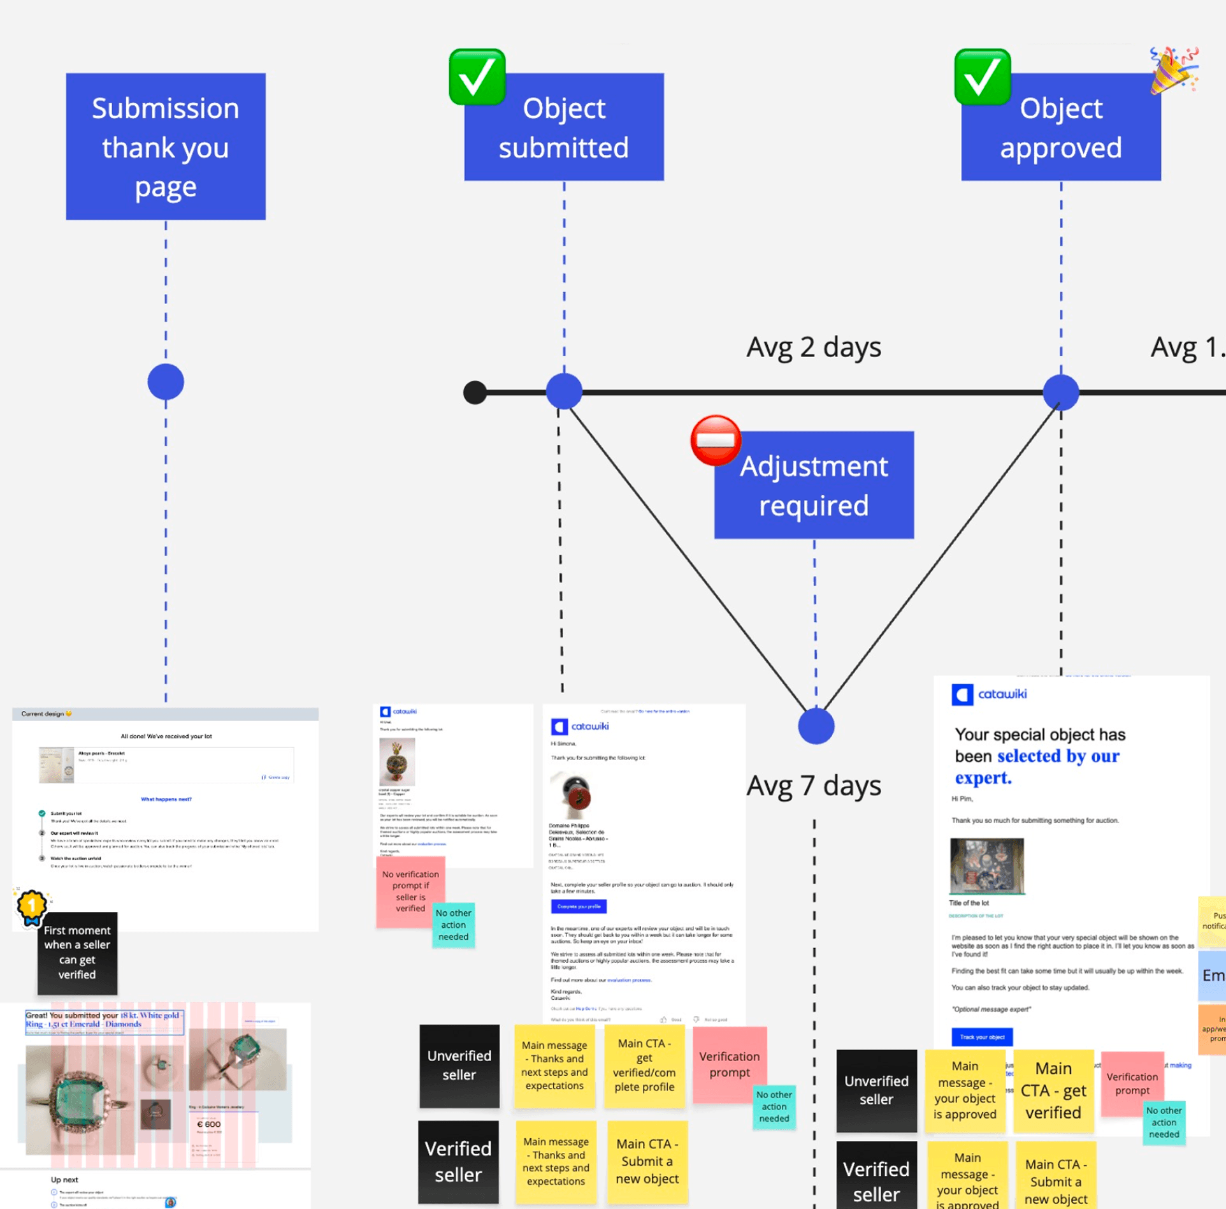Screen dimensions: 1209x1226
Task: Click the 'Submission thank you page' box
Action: click(166, 147)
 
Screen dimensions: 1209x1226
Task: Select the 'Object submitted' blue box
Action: click(564, 128)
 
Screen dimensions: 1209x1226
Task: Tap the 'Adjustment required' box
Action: click(814, 485)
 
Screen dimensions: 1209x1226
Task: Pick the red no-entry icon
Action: click(716, 440)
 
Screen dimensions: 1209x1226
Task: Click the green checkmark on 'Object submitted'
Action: click(477, 77)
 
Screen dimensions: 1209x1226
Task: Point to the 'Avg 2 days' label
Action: click(814, 348)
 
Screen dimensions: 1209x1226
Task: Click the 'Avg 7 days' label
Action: click(814, 786)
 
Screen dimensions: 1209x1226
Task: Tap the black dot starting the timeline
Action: click(475, 392)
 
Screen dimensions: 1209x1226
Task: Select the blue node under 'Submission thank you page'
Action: click(166, 382)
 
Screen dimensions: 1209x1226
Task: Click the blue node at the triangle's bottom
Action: click(816, 726)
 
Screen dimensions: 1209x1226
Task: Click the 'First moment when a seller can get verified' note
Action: click(77, 953)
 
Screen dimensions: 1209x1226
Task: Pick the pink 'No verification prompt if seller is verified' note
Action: click(410, 891)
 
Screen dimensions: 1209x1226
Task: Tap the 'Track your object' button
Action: click(982, 1037)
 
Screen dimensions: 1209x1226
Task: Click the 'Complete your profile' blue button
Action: click(579, 906)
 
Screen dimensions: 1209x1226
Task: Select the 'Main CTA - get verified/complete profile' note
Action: click(644, 1065)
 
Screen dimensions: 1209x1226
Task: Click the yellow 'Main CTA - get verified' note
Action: click(1053, 1090)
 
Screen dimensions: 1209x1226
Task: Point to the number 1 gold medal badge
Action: click(31, 905)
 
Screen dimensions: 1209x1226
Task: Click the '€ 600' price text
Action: click(209, 1124)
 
